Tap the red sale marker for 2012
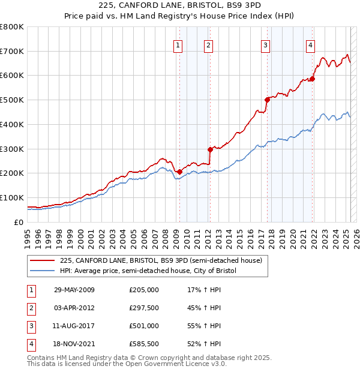click(210, 149)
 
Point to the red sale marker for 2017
click(267, 100)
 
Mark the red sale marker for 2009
click(179, 172)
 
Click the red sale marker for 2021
click(313, 79)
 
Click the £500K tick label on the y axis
click(12, 100)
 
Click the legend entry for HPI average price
click(148, 271)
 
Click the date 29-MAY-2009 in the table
click(74, 290)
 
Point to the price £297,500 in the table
click(144, 308)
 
